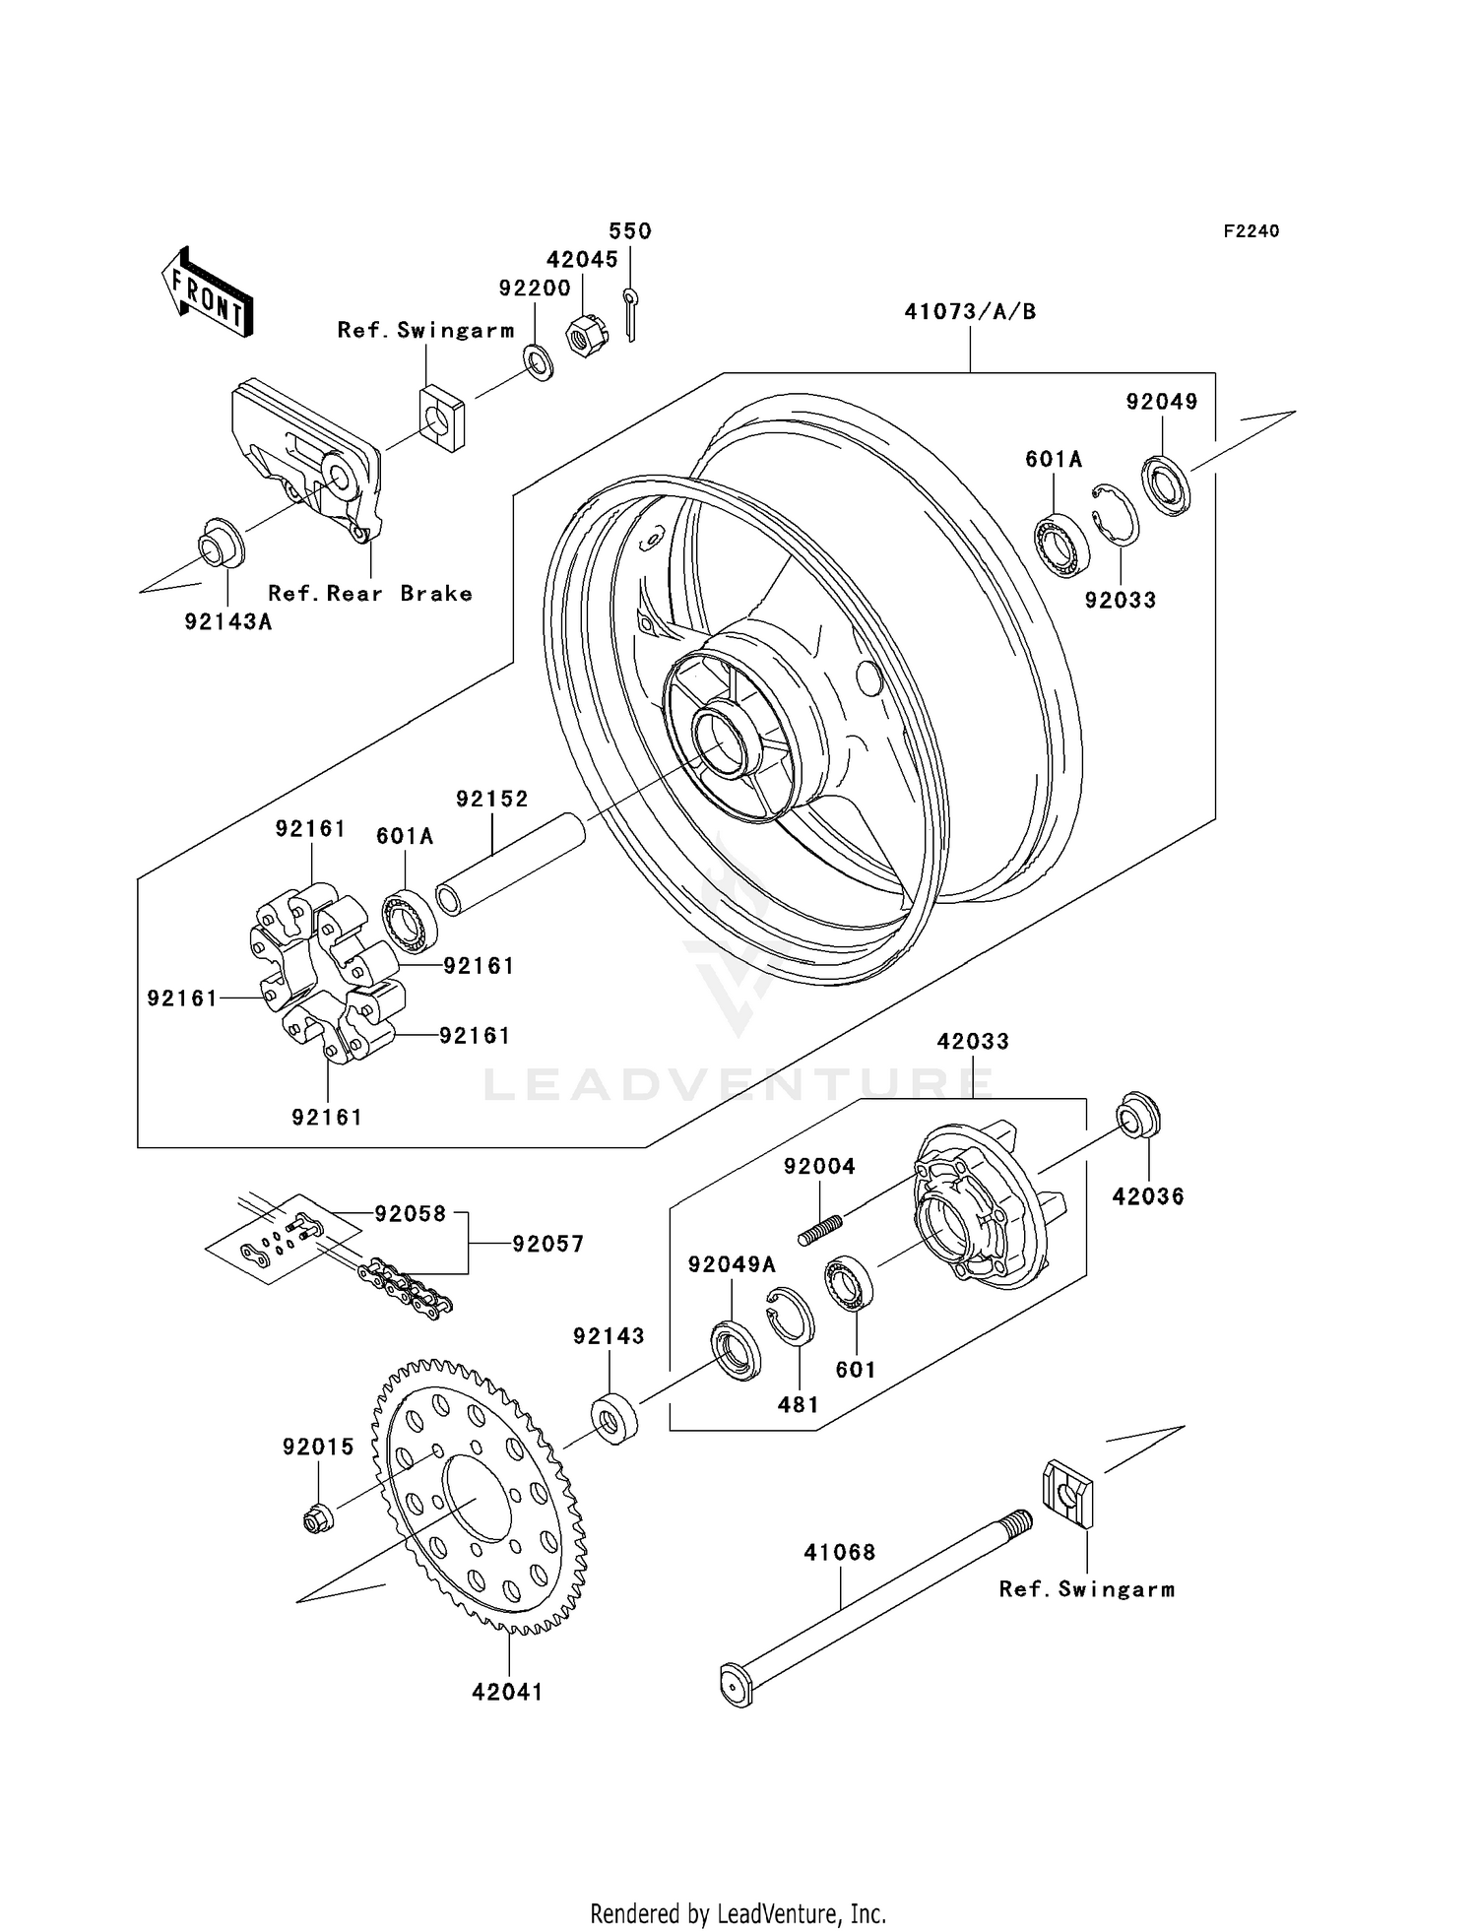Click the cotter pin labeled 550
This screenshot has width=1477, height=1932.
click(x=630, y=313)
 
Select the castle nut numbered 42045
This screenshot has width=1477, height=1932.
click(x=585, y=337)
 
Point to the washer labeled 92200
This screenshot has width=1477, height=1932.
click(x=539, y=362)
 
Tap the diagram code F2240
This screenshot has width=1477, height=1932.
click(x=1251, y=231)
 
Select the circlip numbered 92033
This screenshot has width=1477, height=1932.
click(x=1117, y=513)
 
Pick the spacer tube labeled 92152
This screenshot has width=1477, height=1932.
click(x=511, y=864)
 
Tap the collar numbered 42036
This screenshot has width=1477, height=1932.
click(x=1138, y=1116)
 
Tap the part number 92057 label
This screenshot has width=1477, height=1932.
click(x=547, y=1244)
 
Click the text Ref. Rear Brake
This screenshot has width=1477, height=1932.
click(x=370, y=594)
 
